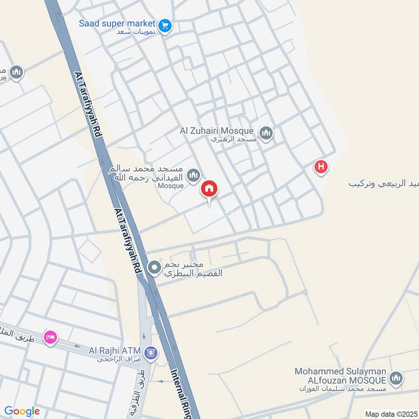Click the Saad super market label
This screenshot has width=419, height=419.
pos(117,24)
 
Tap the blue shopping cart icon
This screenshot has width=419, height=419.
pos(165,25)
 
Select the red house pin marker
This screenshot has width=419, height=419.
pos(209,189)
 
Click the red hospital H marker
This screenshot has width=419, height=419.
pos(321,168)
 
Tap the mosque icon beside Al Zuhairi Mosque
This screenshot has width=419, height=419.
pos(266,134)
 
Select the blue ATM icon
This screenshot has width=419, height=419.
pos(151,354)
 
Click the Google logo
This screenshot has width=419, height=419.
pos(22,411)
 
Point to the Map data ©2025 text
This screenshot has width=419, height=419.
pos(390,414)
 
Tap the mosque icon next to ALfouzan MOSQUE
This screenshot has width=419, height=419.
pos(396,378)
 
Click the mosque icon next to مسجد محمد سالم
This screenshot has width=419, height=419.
pos(194,174)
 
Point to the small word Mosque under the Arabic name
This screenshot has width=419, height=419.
pos(171,186)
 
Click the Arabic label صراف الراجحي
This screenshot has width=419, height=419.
pos(120,360)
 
